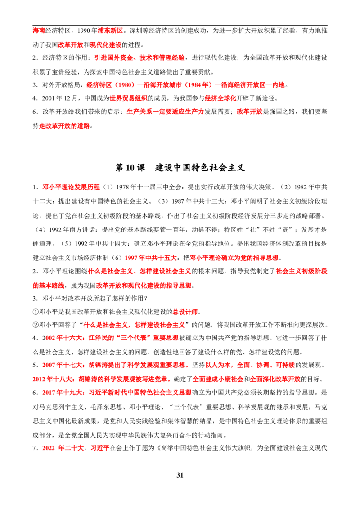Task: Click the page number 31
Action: click(x=180, y=475)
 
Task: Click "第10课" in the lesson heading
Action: click(x=130, y=168)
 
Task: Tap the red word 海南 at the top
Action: click(x=39, y=31)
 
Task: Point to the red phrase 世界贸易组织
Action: click(x=129, y=98)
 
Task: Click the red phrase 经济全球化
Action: click(x=220, y=98)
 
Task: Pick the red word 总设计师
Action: click(x=185, y=312)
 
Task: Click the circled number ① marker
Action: click(x=36, y=312)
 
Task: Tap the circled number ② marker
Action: click(x=36, y=325)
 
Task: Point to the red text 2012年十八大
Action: click(x=53, y=379)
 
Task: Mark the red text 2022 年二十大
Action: click(x=63, y=448)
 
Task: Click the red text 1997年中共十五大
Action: click(x=151, y=258)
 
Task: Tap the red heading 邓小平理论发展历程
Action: click(x=71, y=188)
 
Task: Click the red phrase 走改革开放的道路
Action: click(x=64, y=126)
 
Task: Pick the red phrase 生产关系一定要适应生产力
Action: click(x=165, y=112)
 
